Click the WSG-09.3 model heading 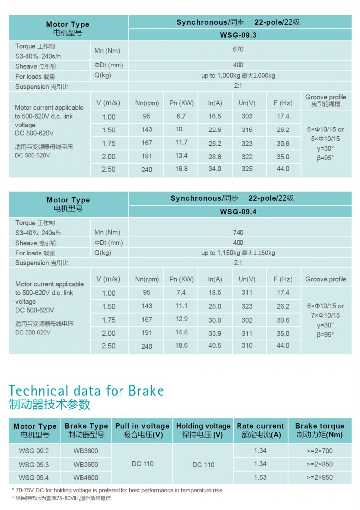click(x=238, y=35)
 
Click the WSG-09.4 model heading click(x=238, y=212)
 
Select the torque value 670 click(x=238, y=49)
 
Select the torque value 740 click(x=238, y=232)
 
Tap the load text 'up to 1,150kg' click(x=238, y=253)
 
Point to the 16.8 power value click(x=181, y=169)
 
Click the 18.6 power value click(x=181, y=345)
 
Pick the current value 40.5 click(x=215, y=345)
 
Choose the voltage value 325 click(x=247, y=169)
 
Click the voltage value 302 click(x=247, y=320)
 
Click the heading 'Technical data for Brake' click(x=86, y=390)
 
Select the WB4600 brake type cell click(x=86, y=477)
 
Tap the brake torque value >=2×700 click(x=319, y=451)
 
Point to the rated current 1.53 click(x=260, y=477)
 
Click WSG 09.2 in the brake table click(x=34, y=451)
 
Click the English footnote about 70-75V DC click(x=117, y=490)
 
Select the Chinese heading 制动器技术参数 click(x=50, y=404)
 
